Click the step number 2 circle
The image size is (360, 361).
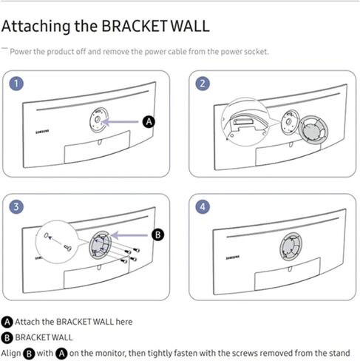[201, 83]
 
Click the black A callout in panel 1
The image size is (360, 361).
[149, 120]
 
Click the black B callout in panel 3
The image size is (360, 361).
[157, 234]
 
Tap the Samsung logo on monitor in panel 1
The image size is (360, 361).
[45, 132]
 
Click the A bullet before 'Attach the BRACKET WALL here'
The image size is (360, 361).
[8, 323]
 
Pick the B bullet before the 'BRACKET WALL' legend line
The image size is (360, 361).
[8, 337]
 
